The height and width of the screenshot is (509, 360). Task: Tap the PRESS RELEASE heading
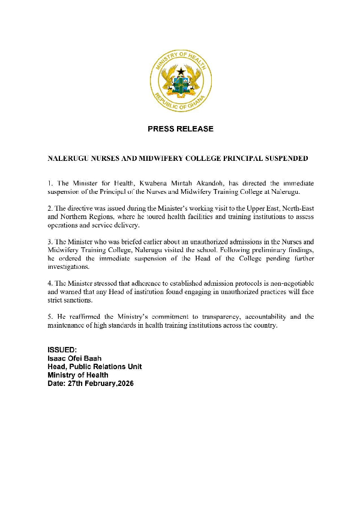click(x=180, y=129)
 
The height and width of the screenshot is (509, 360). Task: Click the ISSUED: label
click(x=62, y=350)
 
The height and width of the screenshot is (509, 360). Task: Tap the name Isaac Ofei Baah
click(x=75, y=358)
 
